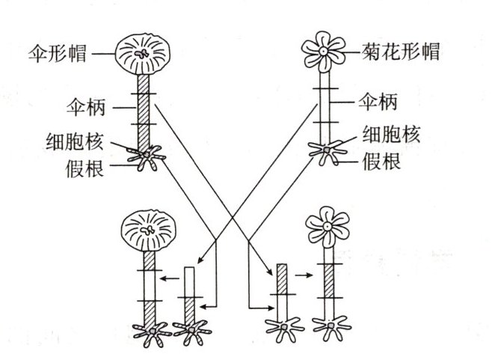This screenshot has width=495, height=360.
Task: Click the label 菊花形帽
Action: click(x=400, y=52)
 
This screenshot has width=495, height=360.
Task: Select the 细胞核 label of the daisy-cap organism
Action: click(x=390, y=135)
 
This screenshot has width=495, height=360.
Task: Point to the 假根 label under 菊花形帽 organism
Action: click(x=381, y=159)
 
